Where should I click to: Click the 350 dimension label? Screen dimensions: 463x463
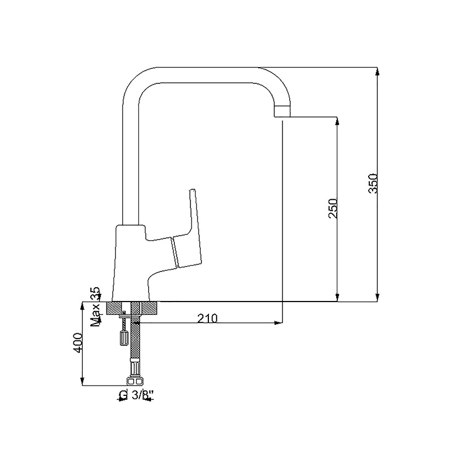click(373, 183)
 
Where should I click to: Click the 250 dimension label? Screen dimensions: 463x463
click(333, 208)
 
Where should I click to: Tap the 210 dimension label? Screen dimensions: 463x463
click(207, 318)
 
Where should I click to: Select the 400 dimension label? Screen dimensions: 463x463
click(78, 343)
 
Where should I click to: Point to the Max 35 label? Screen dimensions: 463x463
click(95, 307)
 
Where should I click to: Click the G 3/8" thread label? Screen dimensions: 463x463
click(137, 395)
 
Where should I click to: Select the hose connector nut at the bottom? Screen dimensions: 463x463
click(134, 381)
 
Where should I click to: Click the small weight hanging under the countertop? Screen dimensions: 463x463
click(123, 338)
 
